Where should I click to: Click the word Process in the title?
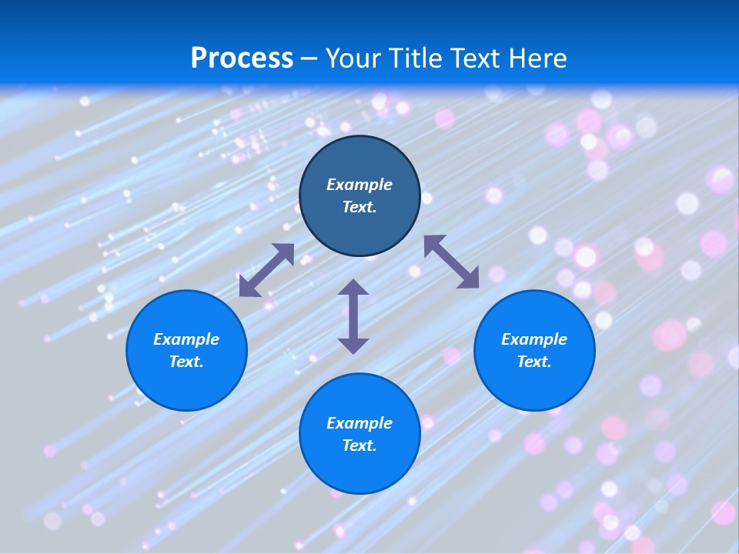tap(242, 58)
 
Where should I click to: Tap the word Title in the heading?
tap(420, 58)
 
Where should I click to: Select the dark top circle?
tap(359, 154)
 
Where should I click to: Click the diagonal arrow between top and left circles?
tap(266, 270)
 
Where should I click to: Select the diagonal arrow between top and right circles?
tap(451, 262)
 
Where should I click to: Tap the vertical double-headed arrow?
tap(353, 316)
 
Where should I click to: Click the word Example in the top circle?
tap(359, 185)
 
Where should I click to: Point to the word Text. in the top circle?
tap(359, 207)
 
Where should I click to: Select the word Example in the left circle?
tap(186, 339)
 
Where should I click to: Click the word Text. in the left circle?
tap(186, 362)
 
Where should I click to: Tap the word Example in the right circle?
tap(534, 339)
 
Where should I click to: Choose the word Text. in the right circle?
tap(534, 362)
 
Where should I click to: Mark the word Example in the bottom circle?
tap(359, 423)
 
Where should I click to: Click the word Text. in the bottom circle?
tap(359, 446)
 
